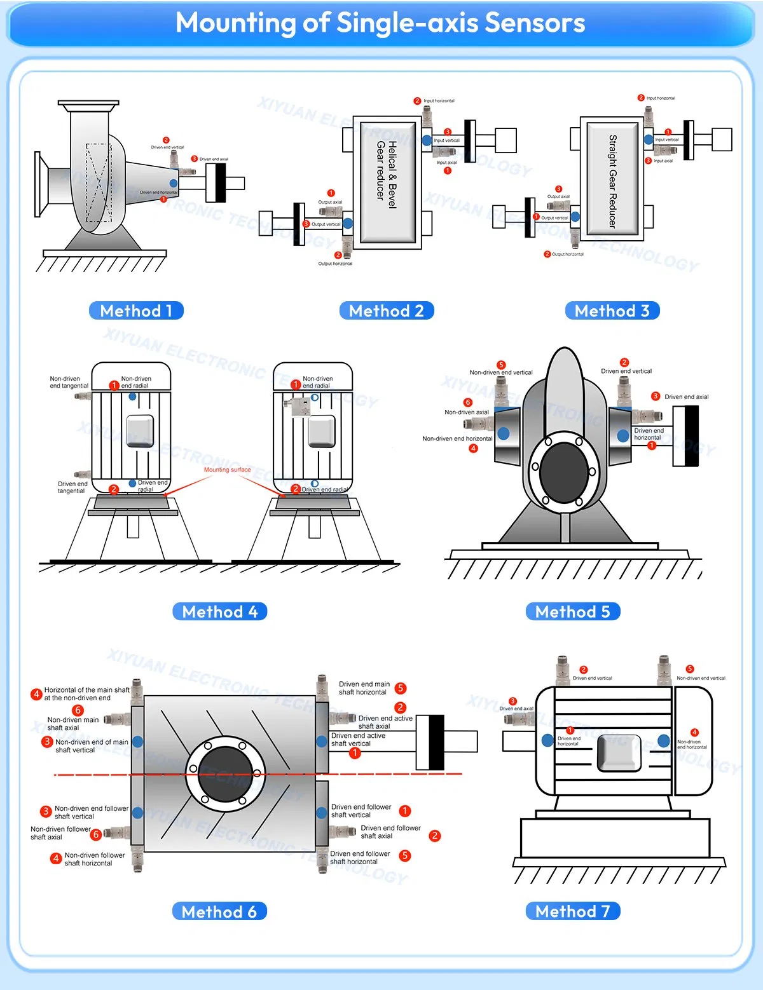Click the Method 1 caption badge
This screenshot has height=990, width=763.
pyautogui.click(x=136, y=311)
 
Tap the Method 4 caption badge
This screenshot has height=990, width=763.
pyautogui.click(x=219, y=611)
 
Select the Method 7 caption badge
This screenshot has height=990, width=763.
pyautogui.click(x=572, y=911)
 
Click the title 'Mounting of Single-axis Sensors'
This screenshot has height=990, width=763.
pyautogui.click(x=380, y=23)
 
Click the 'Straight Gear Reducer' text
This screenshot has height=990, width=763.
pyautogui.click(x=612, y=181)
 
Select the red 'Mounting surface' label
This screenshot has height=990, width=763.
pyautogui.click(x=227, y=470)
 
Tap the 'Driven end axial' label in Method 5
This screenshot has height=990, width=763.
pyautogui.click(x=686, y=397)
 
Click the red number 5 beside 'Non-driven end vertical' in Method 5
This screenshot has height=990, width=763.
pyautogui.click(x=501, y=365)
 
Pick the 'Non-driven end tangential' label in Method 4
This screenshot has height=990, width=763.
pyautogui.click(x=69, y=383)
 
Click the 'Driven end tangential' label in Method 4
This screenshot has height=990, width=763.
pyautogui.click(x=72, y=487)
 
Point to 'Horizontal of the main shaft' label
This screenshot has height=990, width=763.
pyautogui.click(x=86, y=693)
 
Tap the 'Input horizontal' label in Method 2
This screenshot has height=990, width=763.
pyautogui.click(x=439, y=101)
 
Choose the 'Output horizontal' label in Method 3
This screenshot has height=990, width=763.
pyautogui.click(x=567, y=254)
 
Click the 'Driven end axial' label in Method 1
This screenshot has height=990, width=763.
pyautogui.click(x=214, y=159)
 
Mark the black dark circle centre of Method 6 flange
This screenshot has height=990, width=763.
pyautogui.click(x=225, y=774)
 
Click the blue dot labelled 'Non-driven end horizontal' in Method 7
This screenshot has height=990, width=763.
pyautogui.click(x=664, y=740)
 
